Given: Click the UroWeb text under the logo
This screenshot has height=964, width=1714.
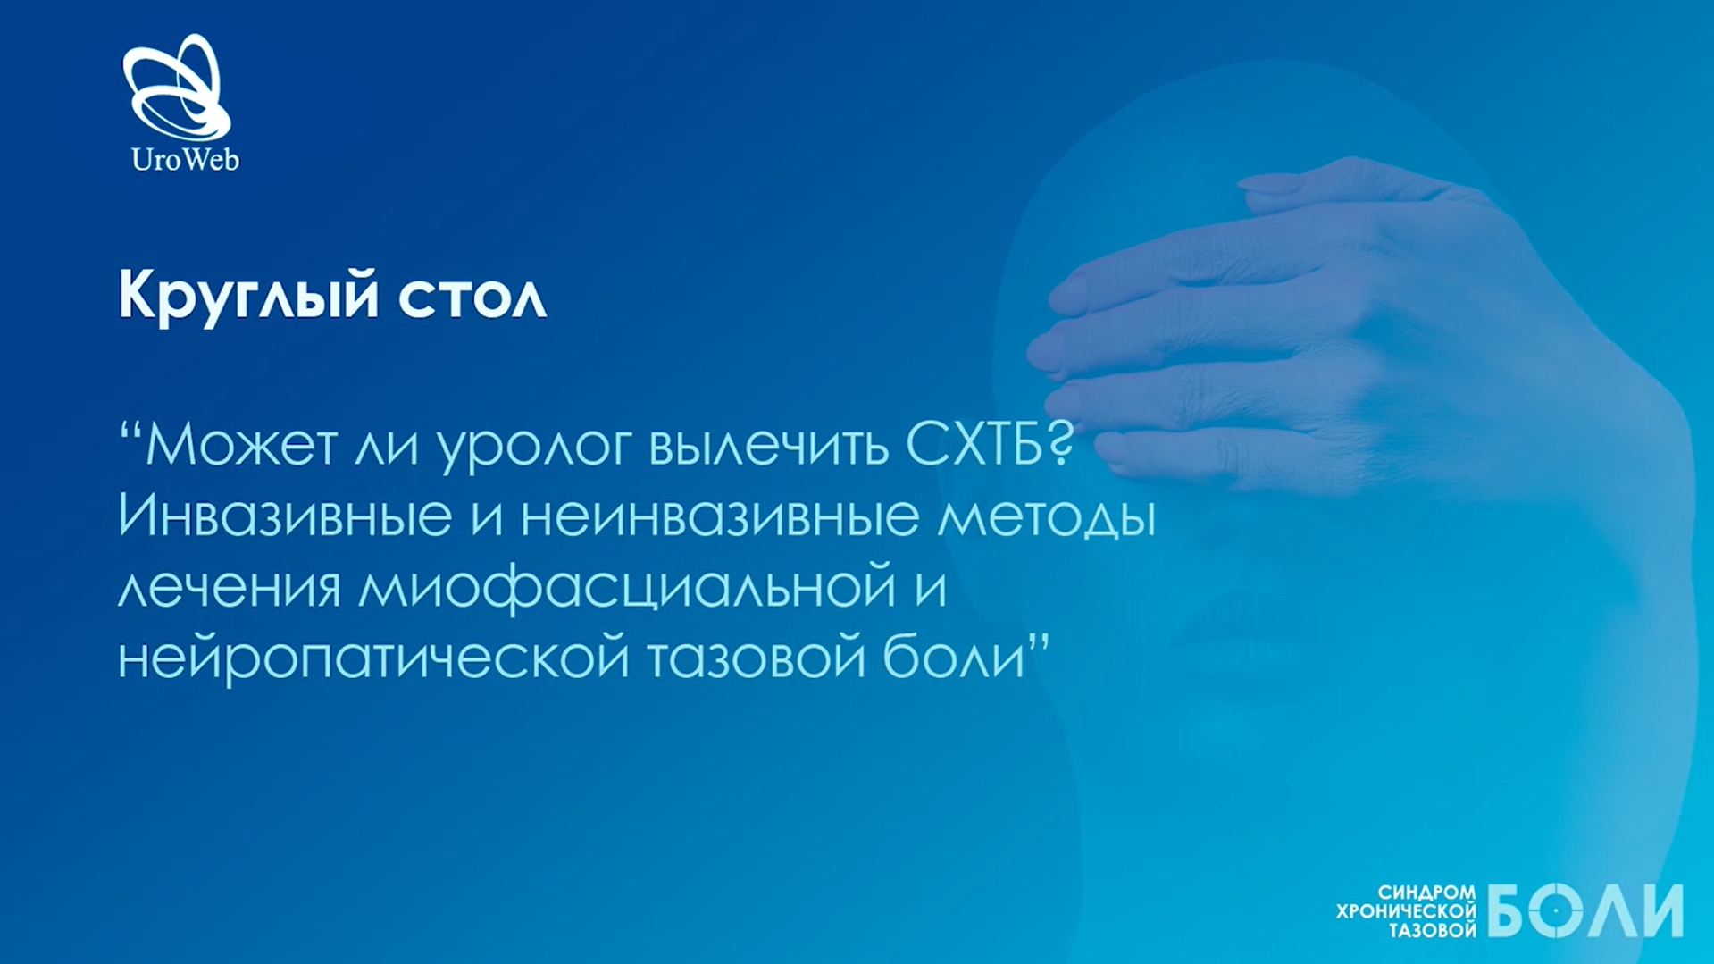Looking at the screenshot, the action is click(185, 160).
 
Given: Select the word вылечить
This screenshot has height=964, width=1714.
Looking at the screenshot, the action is click(769, 444).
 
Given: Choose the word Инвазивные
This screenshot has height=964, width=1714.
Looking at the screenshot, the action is click(285, 516).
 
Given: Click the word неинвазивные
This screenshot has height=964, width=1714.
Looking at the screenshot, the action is click(720, 516).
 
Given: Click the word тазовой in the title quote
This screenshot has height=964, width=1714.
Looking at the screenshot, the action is click(757, 657).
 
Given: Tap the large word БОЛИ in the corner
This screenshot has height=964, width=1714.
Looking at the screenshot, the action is click(1584, 910).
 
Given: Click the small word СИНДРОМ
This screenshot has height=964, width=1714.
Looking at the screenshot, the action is click(1426, 893).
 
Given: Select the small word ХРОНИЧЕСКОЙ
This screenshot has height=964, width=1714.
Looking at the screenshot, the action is click(1406, 911).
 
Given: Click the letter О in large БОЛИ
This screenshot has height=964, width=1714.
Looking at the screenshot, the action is click(1556, 910).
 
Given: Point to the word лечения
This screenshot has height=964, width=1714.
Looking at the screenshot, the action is click(230, 587).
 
